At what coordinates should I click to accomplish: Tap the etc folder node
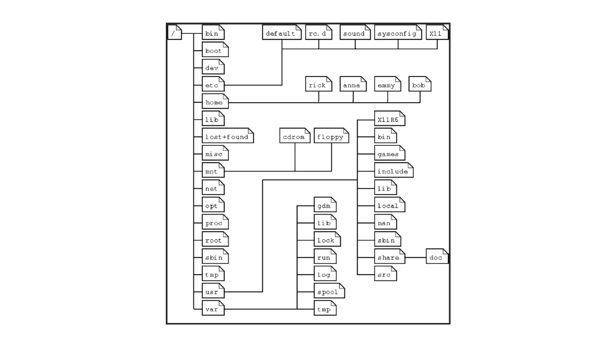(213, 85)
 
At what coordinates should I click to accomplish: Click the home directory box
(215, 103)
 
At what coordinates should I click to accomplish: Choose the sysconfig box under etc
(397, 34)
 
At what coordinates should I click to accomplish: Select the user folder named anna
(353, 85)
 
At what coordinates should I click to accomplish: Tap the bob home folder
(419, 85)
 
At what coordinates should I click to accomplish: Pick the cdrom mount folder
(295, 137)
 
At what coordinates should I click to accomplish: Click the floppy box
(331, 137)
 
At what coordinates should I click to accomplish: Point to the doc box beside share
(437, 257)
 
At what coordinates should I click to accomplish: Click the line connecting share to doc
(416, 257)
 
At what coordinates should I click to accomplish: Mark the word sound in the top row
(354, 34)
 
